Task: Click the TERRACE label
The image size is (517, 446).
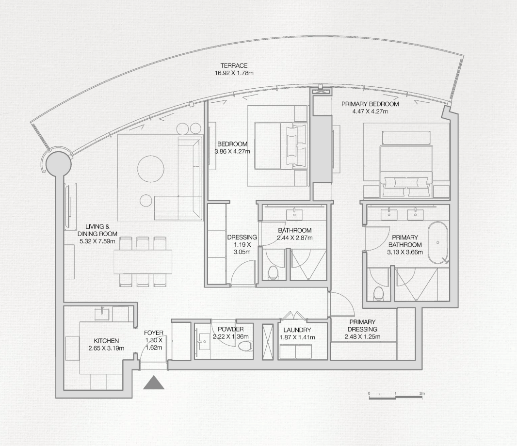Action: pyautogui.click(x=234, y=65)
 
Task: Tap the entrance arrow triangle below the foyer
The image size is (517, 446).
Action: pyautogui.click(x=154, y=382)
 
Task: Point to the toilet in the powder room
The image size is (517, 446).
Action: pyautogui.click(x=246, y=346)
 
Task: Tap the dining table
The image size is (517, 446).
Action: pyautogui.click(x=143, y=261)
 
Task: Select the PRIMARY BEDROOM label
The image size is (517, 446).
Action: pyautogui.click(x=370, y=104)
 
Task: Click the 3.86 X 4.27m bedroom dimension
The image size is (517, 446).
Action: pyautogui.click(x=232, y=151)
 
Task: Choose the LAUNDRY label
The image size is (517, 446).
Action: pyautogui.click(x=297, y=330)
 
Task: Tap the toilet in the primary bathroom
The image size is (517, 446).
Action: pyautogui.click(x=378, y=294)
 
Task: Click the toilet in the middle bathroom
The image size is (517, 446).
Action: pyautogui.click(x=273, y=273)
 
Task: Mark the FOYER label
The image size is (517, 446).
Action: pyautogui.click(x=154, y=333)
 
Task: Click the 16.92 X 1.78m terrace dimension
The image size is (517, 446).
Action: pyautogui.click(x=234, y=73)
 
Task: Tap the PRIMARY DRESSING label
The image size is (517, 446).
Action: pyautogui.click(x=361, y=325)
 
